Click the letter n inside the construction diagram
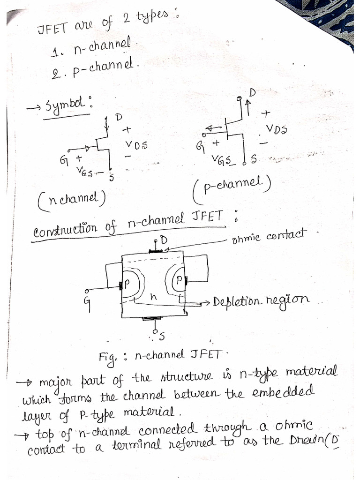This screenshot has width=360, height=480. [153, 297]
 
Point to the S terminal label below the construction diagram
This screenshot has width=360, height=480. [162, 335]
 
